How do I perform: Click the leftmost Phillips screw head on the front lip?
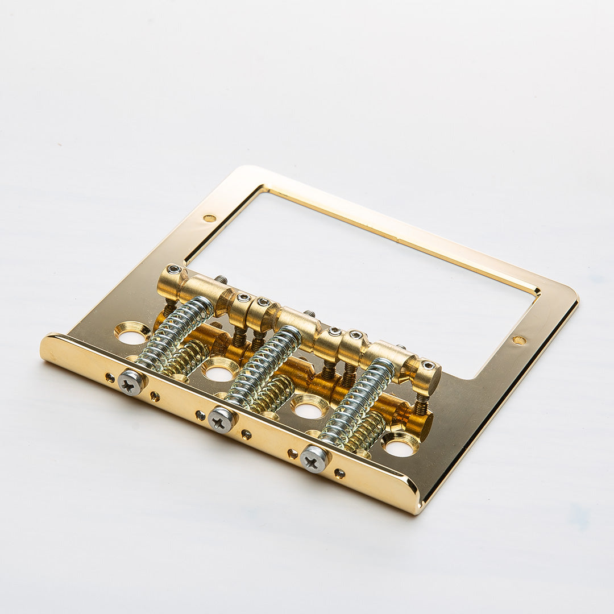[131, 382]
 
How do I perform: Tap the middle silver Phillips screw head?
[221, 420]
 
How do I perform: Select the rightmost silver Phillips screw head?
[314, 458]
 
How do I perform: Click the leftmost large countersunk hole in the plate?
[132, 334]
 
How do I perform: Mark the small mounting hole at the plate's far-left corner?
[209, 218]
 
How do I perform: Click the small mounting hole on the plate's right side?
[519, 340]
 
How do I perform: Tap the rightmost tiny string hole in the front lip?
[339, 473]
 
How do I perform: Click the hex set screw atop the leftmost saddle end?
[173, 269]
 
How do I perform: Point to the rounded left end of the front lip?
[45, 348]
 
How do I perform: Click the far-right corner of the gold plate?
[575, 298]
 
